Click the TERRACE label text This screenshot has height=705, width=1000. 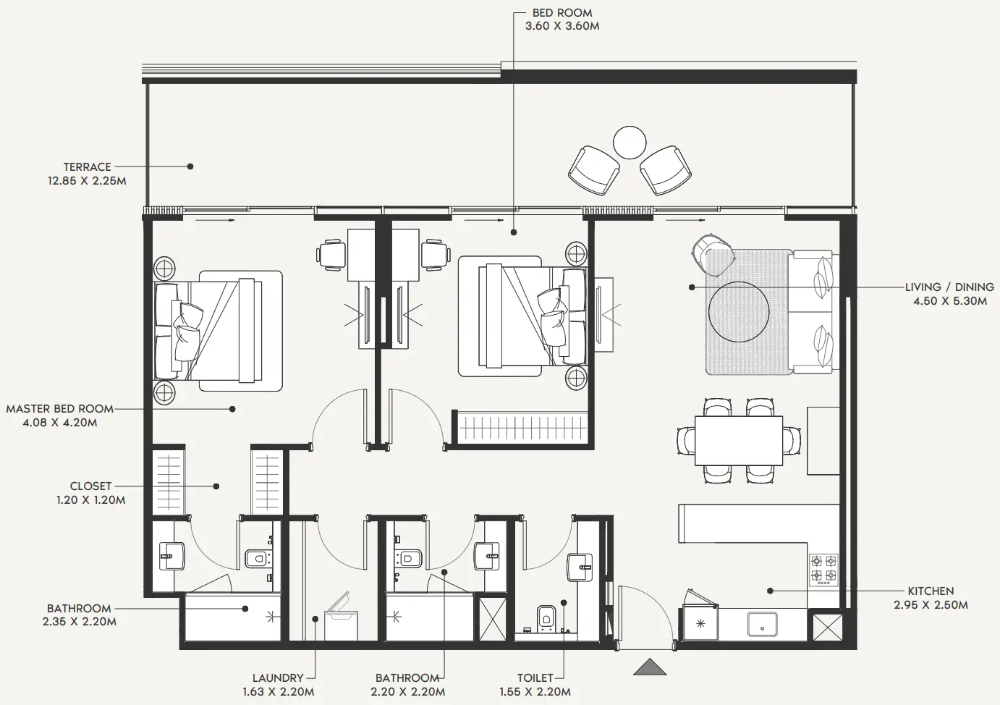click(87, 166)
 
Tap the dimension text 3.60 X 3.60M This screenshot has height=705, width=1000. click(562, 26)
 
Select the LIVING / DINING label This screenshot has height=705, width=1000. click(949, 287)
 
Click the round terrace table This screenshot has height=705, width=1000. click(630, 143)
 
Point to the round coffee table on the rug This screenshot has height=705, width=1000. click(738, 312)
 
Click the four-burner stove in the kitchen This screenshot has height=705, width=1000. click(823, 568)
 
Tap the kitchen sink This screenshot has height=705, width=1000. click(762, 624)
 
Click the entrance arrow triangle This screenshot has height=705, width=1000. click(649, 667)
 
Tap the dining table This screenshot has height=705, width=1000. click(738, 440)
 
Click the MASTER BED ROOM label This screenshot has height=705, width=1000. click(60, 409)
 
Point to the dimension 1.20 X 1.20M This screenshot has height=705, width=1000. click(91, 499)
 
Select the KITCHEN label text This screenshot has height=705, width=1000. click(931, 591)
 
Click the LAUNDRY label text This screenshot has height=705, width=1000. click(278, 678)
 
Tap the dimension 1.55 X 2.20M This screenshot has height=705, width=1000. click(535, 692)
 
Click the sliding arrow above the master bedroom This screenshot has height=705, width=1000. click(215, 219)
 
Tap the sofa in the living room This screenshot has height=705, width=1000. click(814, 312)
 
